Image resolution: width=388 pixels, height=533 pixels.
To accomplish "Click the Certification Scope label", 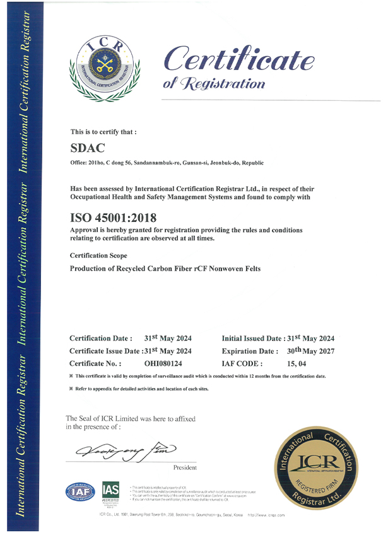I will pos(98,255).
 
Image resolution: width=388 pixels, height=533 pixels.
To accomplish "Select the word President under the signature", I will pos(184,467).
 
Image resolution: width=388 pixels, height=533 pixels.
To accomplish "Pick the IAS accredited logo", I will pos(111,493).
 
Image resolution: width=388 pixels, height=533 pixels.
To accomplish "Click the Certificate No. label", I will pos(95,363).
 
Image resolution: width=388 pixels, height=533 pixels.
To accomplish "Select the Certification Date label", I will pos(101,338).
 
